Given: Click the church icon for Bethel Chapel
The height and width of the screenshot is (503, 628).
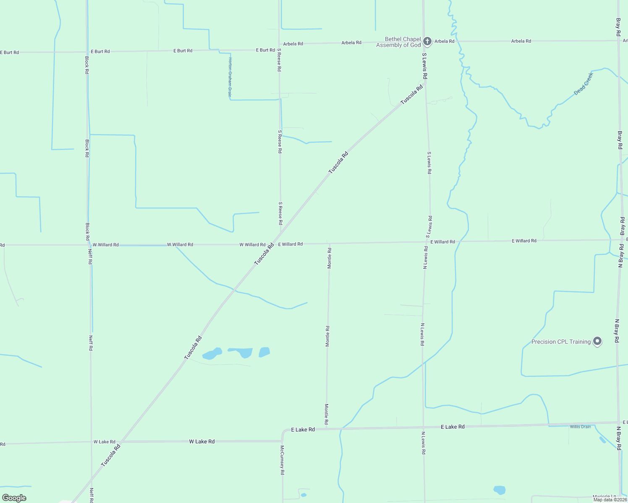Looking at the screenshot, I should coord(427,41).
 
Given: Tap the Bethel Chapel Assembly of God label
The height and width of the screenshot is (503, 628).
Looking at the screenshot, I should coord(398,42).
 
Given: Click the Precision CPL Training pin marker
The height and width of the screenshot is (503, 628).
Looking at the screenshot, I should coord(597,341).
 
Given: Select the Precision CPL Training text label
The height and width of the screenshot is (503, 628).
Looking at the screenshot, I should coord(561,342).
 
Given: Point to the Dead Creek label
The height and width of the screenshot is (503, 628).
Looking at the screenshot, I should coord(584,84).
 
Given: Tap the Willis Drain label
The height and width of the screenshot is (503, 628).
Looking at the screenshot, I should coord(580,427).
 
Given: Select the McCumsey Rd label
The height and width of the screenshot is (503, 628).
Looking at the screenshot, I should coord(283,460).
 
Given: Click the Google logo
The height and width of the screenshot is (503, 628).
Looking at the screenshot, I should coord(14,498).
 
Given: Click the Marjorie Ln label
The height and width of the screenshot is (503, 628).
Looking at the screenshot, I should coord(604,497).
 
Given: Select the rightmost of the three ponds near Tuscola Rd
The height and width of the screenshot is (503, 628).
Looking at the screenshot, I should coord(264,352).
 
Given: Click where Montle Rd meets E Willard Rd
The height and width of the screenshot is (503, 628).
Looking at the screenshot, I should coord(330,243).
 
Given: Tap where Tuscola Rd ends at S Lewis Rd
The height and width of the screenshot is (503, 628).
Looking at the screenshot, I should coord(425,83).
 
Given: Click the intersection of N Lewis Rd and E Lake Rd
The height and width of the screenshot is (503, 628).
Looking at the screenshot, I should coord(423,428).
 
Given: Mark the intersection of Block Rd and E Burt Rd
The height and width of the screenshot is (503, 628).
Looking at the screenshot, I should coord(87,52).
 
